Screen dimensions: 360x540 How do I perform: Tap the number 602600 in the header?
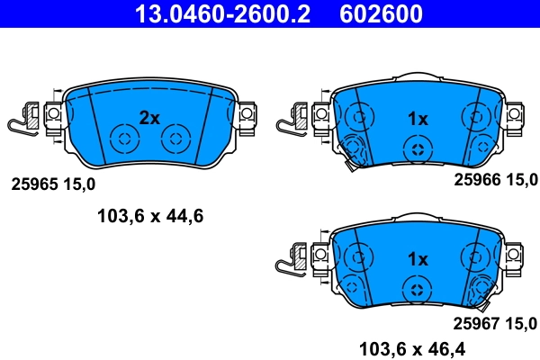[x=381, y=13]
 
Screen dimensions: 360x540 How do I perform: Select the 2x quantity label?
[x=148, y=117]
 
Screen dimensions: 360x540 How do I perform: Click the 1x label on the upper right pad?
[x=417, y=118]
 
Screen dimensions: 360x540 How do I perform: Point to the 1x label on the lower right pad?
[x=417, y=259]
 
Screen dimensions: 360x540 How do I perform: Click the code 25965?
[x=32, y=184]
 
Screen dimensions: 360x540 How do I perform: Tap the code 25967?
[x=477, y=322]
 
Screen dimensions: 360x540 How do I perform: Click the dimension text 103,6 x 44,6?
[x=150, y=215]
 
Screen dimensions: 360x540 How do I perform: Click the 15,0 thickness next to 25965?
[x=77, y=184]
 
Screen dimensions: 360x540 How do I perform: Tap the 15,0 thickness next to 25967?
[x=522, y=322]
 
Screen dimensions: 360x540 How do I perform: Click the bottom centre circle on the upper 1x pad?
[x=417, y=149]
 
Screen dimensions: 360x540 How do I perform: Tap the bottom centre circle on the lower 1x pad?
[x=417, y=290]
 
